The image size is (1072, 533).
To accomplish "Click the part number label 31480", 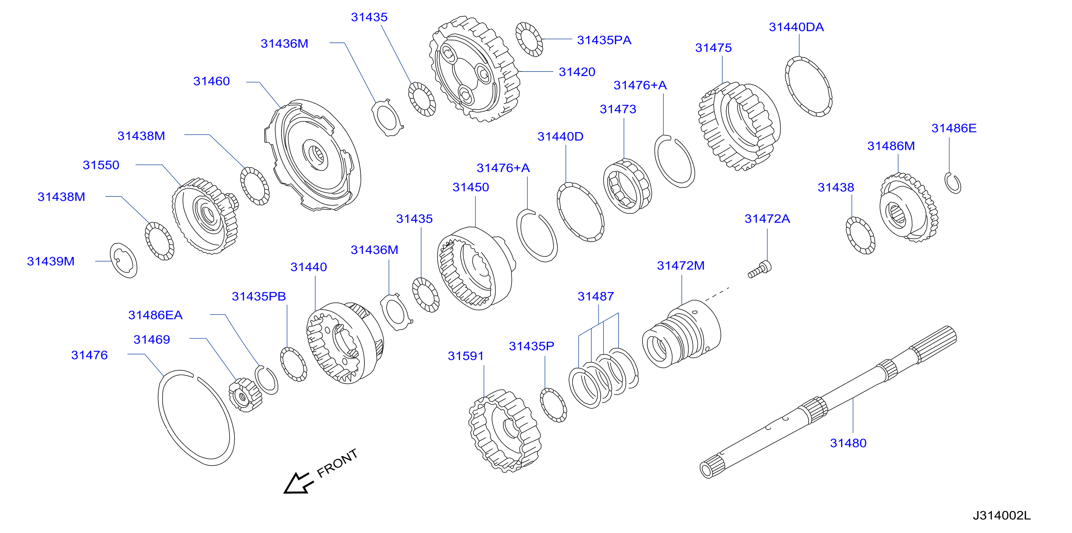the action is [848, 443].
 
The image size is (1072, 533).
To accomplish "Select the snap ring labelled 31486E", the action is [953, 183].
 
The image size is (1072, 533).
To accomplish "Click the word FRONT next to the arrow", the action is [337, 463].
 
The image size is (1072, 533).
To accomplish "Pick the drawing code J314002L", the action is [1002, 515].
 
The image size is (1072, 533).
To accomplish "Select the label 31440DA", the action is [796, 27].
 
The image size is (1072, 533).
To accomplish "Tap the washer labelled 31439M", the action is [123, 261].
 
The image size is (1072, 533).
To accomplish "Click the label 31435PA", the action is [604, 40].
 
